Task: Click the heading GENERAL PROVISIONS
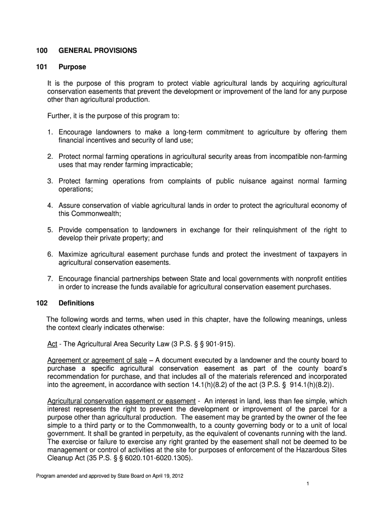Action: pyautogui.click(x=97, y=51)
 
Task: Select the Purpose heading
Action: pyautogui.click(x=72, y=67)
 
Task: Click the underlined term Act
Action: pyautogui.click(x=52, y=344)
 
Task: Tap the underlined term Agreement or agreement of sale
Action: pyautogui.click(x=97, y=360)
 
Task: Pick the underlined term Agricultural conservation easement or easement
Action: pyautogui.click(x=121, y=401)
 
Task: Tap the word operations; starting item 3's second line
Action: pyautogui.click(x=76, y=189)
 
